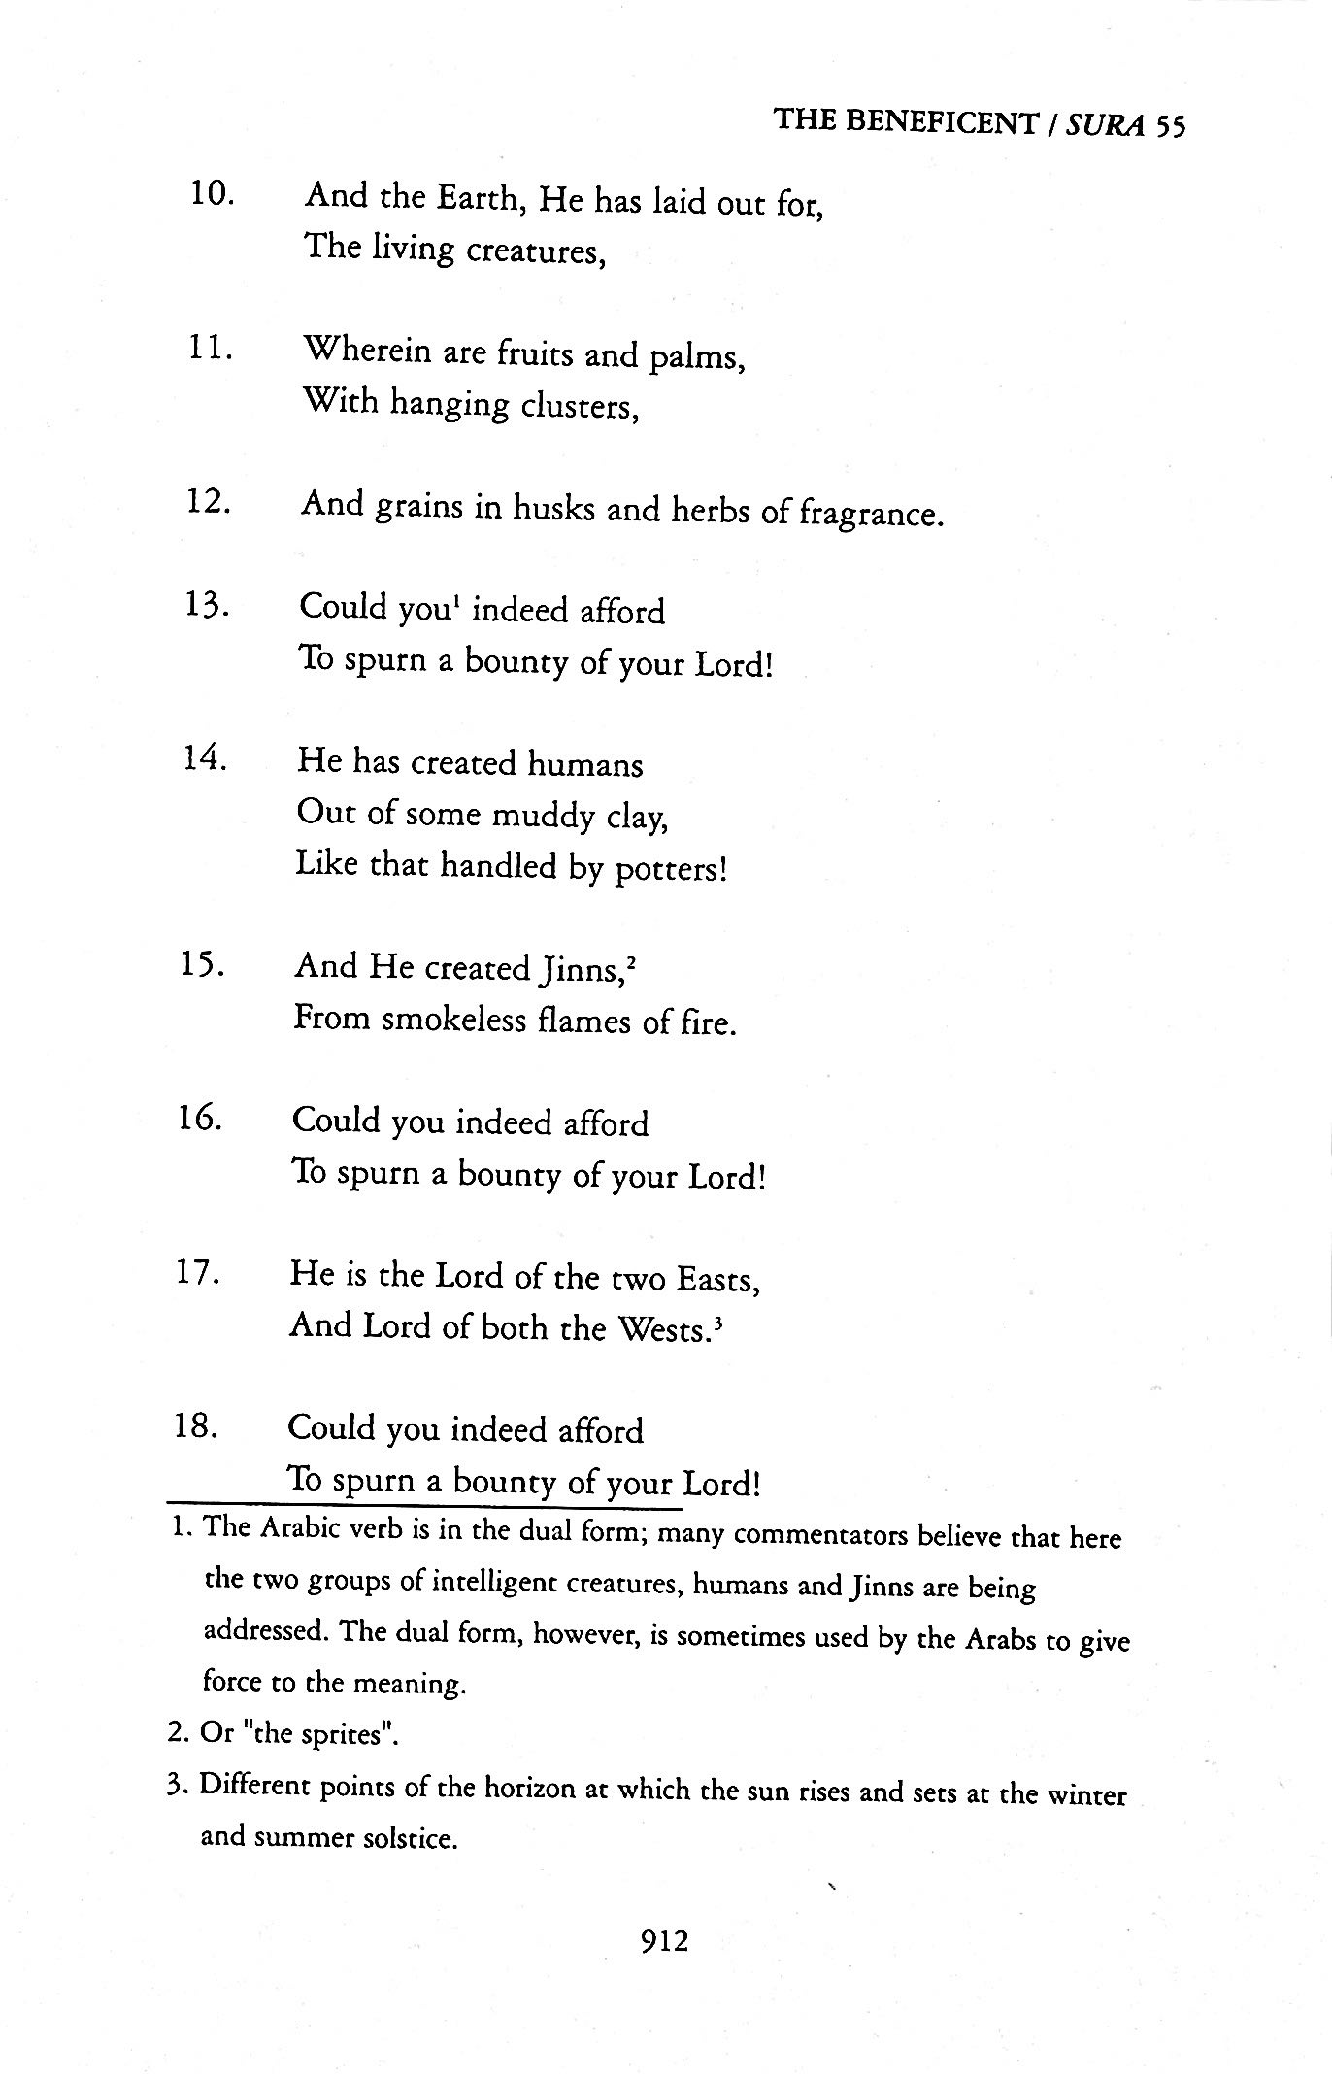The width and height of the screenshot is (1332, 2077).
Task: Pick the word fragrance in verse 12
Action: pyautogui.click(x=870, y=513)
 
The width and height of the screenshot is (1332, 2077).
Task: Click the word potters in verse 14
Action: pyautogui.click(x=670, y=867)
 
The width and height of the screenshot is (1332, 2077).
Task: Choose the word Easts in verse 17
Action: pyautogui.click(x=717, y=1280)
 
